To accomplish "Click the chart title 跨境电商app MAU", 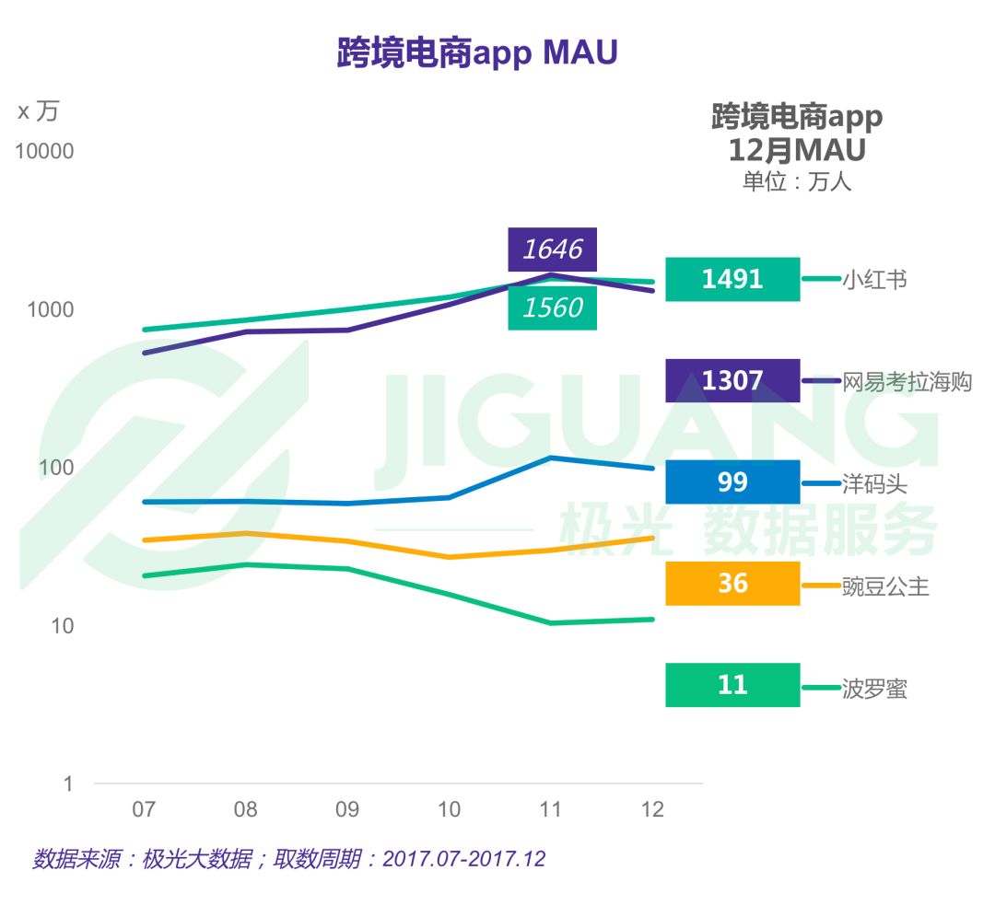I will pyautogui.click(x=476, y=53).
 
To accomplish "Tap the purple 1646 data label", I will pyautogui.click(x=553, y=249).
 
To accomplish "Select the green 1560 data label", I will pyautogui.click(x=553, y=307).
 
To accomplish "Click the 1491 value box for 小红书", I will pyautogui.click(x=732, y=279).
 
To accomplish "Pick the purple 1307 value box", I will pyautogui.click(x=732, y=380).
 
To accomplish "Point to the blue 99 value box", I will pyautogui.click(x=732, y=482).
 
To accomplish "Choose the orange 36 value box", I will pyautogui.click(x=732, y=584).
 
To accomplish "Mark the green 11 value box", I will pyautogui.click(x=732, y=685).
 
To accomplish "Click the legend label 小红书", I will pyautogui.click(x=874, y=279).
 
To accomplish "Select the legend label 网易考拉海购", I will pyautogui.click(x=907, y=381).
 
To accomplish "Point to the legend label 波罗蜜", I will pyautogui.click(x=874, y=688).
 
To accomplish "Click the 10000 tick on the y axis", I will pyautogui.click(x=44, y=152).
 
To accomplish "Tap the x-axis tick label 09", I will pyautogui.click(x=346, y=810).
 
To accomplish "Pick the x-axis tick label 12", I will pyautogui.click(x=652, y=810).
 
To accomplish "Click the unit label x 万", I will pyautogui.click(x=38, y=111).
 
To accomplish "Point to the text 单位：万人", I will pyautogui.click(x=797, y=181).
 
